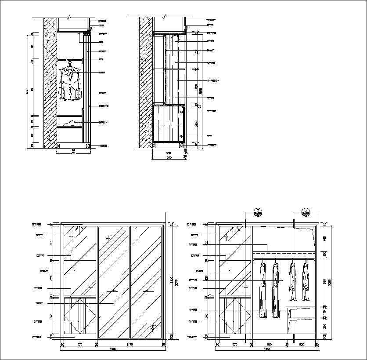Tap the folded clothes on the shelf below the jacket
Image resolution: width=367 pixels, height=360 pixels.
(x=70, y=124)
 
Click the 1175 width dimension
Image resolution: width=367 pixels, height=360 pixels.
(x=130, y=345)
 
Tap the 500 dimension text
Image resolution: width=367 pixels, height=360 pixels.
(x=301, y=345)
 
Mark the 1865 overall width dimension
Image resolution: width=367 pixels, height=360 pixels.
(x=267, y=350)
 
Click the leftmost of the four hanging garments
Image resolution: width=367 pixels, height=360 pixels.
(x=263, y=290)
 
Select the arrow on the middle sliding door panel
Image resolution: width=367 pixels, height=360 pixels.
(x=113, y=291)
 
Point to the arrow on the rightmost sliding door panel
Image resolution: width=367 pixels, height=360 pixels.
(x=147, y=291)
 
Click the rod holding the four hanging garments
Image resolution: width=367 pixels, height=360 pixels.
(x=284, y=260)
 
